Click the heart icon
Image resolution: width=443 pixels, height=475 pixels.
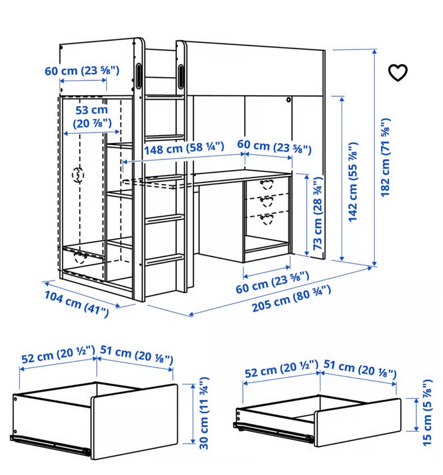[x=398, y=73]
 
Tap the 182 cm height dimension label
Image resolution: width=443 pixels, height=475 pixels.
[x=385, y=157]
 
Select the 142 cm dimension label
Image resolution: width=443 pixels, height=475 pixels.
[x=353, y=182]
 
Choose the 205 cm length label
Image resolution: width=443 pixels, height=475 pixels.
[x=291, y=298]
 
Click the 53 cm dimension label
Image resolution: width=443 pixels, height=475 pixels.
[x=92, y=117]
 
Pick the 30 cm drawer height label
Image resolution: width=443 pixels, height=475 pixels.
[x=204, y=413]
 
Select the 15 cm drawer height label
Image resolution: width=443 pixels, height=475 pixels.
[x=427, y=412]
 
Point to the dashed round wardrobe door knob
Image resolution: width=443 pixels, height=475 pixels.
[x=78, y=175]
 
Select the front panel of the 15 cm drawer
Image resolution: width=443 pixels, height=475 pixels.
[x=358, y=422]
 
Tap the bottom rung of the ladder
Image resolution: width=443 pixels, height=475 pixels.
[x=165, y=260]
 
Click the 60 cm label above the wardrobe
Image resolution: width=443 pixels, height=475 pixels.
[x=82, y=71]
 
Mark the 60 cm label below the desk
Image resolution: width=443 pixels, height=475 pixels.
[x=272, y=282]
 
